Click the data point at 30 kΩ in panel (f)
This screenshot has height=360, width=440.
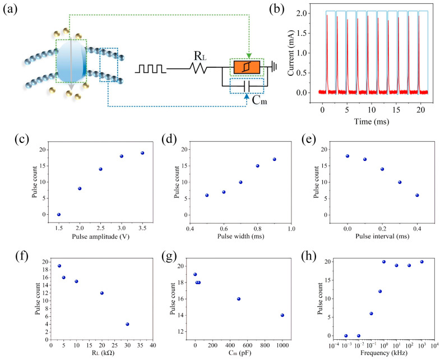click(127, 324)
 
